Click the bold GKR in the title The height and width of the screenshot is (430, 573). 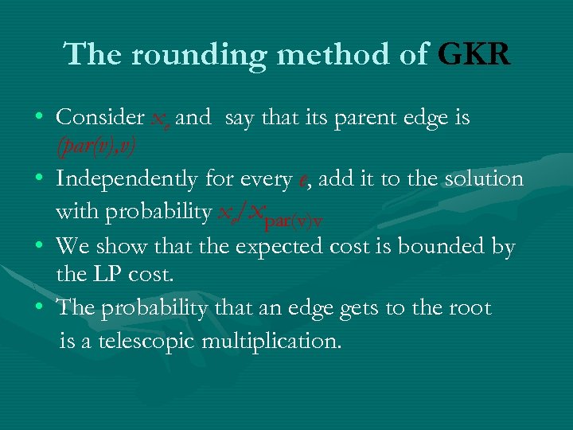474,54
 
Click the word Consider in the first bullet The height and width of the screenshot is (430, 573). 99,118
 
